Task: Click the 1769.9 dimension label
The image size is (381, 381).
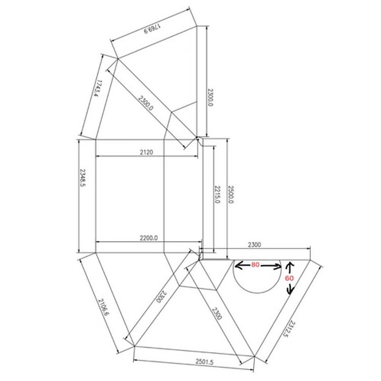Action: click(153, 29)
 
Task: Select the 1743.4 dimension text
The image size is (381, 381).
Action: click(97, 88)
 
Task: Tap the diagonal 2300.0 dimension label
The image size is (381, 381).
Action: click(146, 103)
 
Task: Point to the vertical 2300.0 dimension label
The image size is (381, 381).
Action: click(210, 97)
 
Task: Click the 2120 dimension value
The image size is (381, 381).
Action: click(147, 152)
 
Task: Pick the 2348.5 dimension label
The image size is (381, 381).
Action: click(83, 178)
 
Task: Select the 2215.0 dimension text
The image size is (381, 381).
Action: click(217, 194)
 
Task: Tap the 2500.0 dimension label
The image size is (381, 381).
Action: click(231, 195)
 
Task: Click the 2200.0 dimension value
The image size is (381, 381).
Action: click(149, 238)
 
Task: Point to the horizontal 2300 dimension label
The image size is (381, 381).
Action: click(255, 245)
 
